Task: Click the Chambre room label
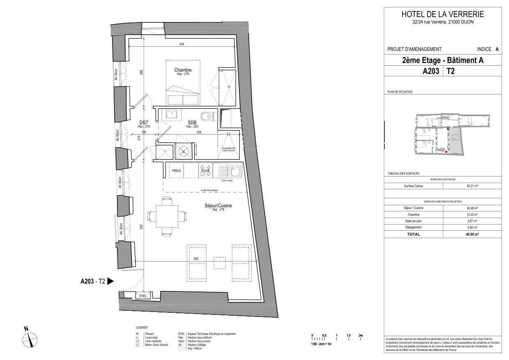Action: pyautogui.click(x=183, y=70)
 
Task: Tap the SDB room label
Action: pyautogui.click(x=192, y=123)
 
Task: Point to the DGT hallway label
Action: pyautogui.click(x=144, y=122)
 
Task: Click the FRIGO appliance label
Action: pyautogui.click(x=177, y=170)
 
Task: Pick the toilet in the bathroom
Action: pyautogui.click(x=208, y=115)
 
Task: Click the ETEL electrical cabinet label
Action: pyautogui.click(x=143, y=296)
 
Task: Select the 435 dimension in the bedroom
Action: pyautogui.click(x=181, y=44)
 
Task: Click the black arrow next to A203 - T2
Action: pyautogui.click(x=110, y=282)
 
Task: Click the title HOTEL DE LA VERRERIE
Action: pyautogui.click(x=443, y=14)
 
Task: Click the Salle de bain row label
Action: pyautogui.click(x=413, y=221)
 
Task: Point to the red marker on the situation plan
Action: pyautogui.click(x=446, y=152)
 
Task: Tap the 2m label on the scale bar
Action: pyautogui.click(x=360, y=336)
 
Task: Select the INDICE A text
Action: pyautogui.click(x=488, y=49)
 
